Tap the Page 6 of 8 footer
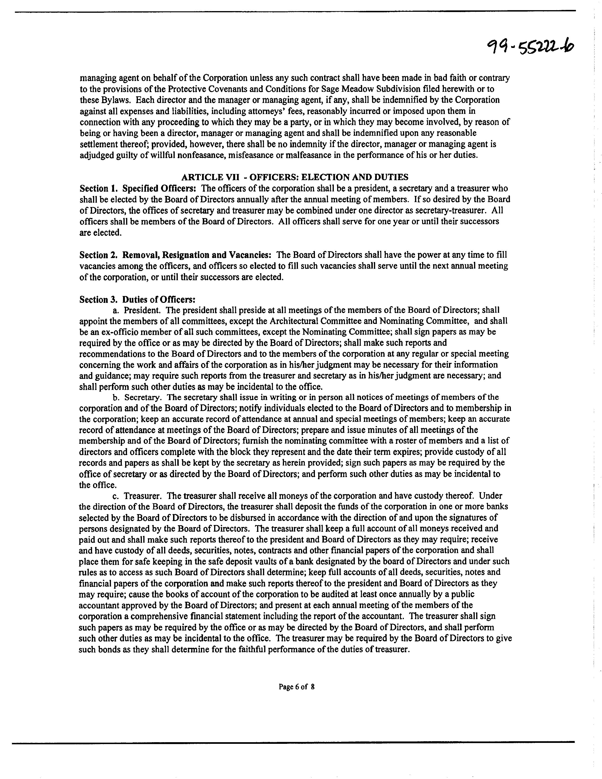click(296, 687)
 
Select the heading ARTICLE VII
click(295, 177)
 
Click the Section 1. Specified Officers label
click(138, 188)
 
